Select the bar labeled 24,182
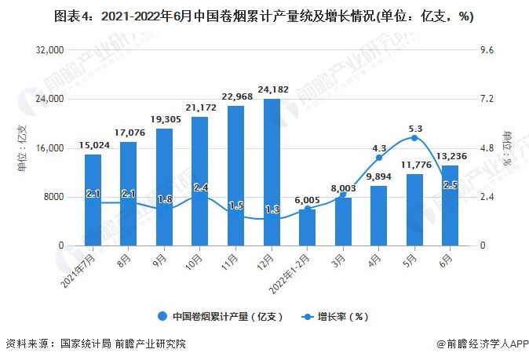(x=272, y=173)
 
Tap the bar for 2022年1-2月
(x=307, y=227)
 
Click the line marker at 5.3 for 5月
(x=414, y=138)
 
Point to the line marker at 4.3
(x=379, y=158)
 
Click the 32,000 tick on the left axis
(x=49, y=50)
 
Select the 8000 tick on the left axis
(x=52, y=197)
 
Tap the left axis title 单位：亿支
(x=23, y=147)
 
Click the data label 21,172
(x=199, y=107)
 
